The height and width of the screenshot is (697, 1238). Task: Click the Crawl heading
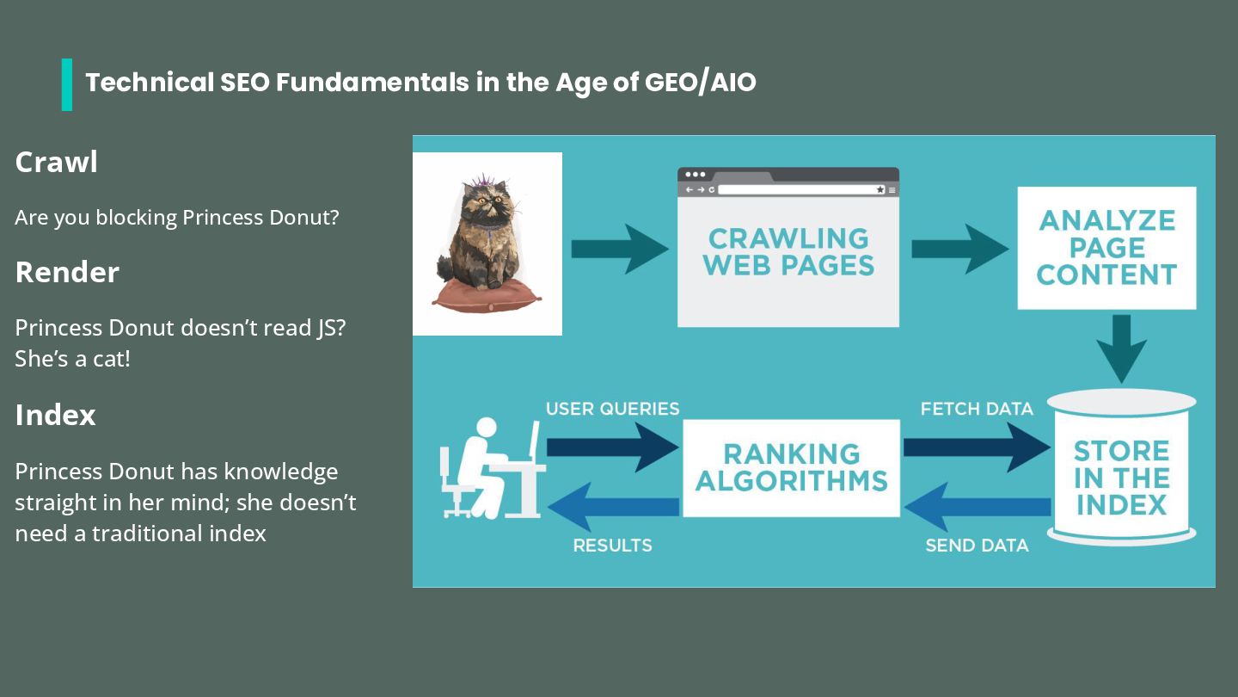[x=56, y=162]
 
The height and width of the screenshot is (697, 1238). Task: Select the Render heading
[x=67, y=272]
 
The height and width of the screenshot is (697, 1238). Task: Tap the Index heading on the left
[x=55, y=415]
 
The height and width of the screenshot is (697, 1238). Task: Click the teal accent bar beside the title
[x=67, y=84]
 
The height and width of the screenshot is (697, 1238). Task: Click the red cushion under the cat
[x=487, y=295]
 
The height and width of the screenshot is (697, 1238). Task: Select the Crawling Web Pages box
[x=788, y=251]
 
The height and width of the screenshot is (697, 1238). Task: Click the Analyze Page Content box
[x=1106, y=248]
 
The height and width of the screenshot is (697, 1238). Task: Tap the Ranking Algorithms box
[x=791, y=467]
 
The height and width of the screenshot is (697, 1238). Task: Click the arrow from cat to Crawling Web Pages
[x=619, y=249]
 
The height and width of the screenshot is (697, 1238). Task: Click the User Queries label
[x=612, y=409]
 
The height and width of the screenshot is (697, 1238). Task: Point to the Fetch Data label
[x=977, y=409]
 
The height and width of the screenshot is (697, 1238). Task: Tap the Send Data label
[x=977, y=546]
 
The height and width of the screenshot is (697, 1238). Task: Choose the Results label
[x=612, y=546]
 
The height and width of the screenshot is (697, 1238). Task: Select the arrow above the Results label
[x=613, y=507]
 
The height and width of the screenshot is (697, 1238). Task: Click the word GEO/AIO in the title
[x=701, y=83]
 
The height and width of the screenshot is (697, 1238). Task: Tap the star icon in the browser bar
[x=880, y=189]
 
